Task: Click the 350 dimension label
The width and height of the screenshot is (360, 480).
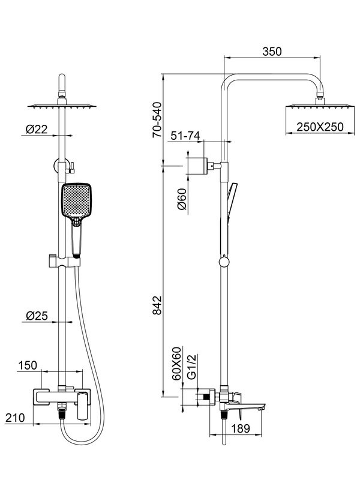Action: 272,52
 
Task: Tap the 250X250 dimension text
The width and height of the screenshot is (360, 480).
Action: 320,127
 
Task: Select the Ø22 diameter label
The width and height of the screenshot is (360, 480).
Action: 37,130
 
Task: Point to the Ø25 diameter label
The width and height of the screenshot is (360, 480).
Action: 37,316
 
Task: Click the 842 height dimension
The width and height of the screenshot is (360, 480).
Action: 157,305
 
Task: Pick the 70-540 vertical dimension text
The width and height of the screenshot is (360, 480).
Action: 157,120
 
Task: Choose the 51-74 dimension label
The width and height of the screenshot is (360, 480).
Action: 185,136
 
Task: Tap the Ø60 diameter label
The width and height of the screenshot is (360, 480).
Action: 182,199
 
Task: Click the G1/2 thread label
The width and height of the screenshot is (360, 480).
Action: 191,367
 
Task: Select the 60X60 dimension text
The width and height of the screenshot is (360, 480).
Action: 176,364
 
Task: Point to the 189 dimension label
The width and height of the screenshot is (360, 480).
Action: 241,428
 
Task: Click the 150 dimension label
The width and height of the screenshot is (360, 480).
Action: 28,365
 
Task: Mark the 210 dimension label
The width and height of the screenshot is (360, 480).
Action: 15,418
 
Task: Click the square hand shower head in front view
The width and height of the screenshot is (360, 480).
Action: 76,200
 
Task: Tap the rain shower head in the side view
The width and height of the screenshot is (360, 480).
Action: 320,107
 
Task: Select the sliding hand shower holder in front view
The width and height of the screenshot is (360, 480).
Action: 64,262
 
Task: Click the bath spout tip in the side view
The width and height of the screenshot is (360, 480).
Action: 262,407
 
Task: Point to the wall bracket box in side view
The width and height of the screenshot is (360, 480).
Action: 197,166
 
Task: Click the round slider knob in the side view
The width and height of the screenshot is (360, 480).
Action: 224,262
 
